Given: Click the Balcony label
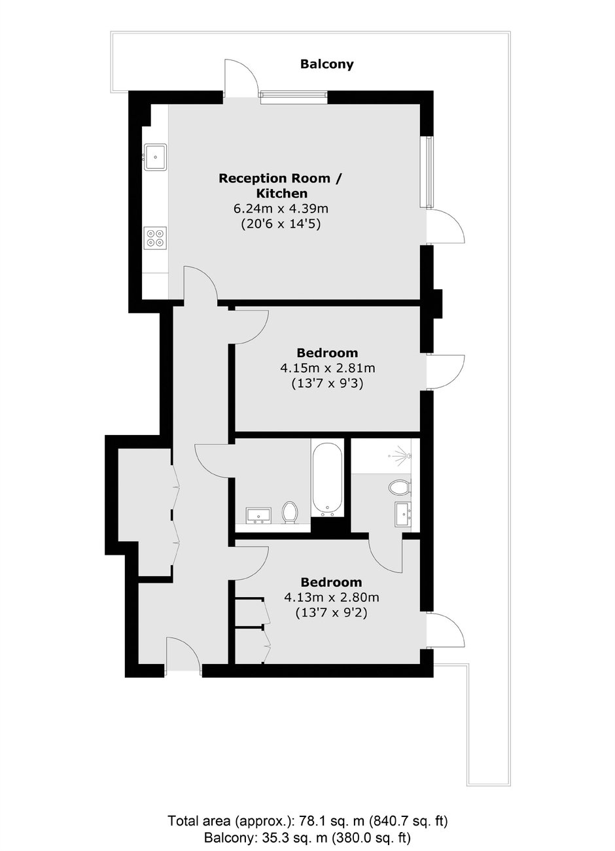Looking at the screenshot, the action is coord(326,64).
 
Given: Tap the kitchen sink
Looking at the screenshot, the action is coord(155,156).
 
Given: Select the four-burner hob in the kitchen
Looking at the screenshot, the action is coord(155,237).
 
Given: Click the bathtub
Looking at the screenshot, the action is coord(327,480).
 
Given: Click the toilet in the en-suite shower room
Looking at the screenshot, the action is coord(400,487).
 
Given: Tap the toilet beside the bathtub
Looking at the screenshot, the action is coord(290,512).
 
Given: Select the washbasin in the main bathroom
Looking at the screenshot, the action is coord(258,515).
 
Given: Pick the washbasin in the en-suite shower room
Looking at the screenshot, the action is coord(403,514).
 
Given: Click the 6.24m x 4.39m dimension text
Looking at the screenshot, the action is coord(281,209).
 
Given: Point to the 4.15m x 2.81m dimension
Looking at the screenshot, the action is coord(327,368).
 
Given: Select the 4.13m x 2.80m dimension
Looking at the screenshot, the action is coord(332,598).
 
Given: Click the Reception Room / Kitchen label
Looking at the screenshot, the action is coord(281,186).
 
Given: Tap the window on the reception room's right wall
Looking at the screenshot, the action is coord(429,172).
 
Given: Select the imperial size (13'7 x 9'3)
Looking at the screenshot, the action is coord(327,384).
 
